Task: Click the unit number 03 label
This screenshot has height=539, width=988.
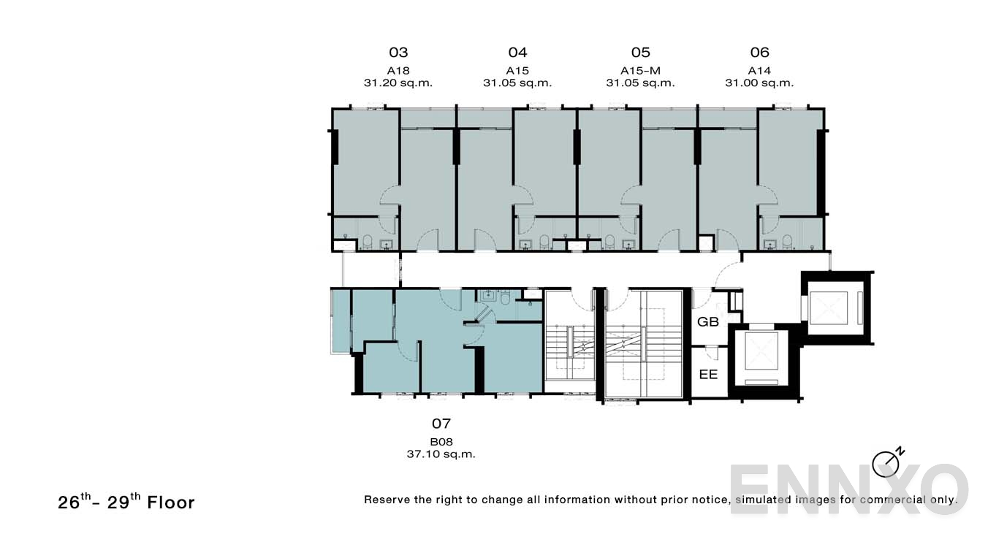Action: coord(398,53)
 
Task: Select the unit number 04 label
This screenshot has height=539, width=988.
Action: coord(517,53)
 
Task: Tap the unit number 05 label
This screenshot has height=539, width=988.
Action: coord(640,53)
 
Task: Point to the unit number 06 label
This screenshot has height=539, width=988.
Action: coord(759,53)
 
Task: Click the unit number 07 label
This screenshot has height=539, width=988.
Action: coord(441,424)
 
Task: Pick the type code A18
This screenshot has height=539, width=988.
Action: coord(398,71)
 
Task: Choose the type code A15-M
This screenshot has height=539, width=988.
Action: coord(640,71)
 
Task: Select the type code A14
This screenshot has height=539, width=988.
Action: coord(759,71)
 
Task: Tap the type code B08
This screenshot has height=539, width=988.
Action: coord(441,442)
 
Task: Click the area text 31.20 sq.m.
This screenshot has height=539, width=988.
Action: coord(398,83)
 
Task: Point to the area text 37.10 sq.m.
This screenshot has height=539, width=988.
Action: coord(441,454)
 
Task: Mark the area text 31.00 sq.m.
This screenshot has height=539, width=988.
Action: coord(759,83)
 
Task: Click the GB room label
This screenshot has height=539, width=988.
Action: coord(708,322)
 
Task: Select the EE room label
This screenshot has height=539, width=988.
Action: coord(708,375)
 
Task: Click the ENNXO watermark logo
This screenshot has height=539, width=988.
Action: coord(848,489)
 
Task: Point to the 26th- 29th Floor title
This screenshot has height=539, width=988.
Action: coord(126,502)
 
